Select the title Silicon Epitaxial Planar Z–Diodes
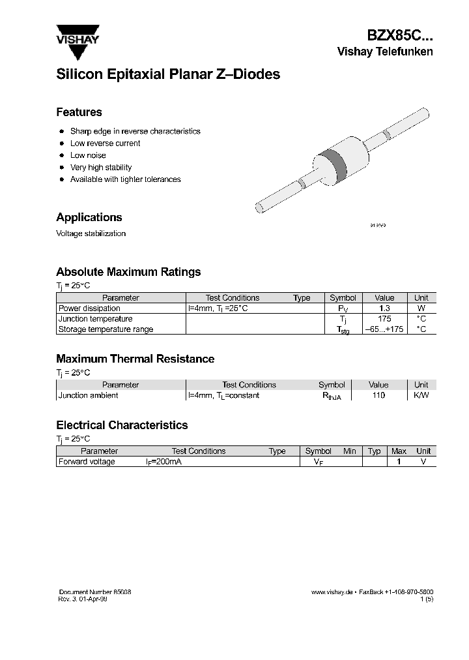coord(168,74)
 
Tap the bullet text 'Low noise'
coord(88,155)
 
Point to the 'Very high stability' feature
coord(101,168)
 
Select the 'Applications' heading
coord(89,217)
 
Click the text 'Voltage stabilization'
coord(91,233)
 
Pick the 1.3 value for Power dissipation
coord(384,308)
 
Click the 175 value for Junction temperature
coord(384,319)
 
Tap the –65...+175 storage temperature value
coord(384,329)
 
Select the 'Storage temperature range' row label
coord(106,329)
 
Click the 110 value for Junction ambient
coord(378,395)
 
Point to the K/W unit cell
coord(421,395)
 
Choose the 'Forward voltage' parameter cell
coord(87,462)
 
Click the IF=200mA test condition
coord(163,462)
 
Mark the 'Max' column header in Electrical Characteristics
coord(399,451)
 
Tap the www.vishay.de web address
coord(332,591)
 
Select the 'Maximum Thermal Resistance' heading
coord(135,359)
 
